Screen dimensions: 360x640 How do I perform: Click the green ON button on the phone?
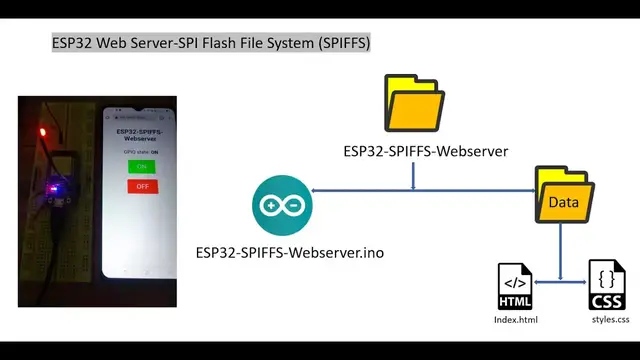141,166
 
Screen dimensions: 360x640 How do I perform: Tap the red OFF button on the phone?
141,186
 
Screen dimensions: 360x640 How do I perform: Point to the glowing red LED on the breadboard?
42,131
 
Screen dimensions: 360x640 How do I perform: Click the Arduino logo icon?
282,205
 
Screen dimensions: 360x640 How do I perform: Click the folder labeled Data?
564,196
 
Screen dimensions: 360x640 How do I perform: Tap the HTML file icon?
515,285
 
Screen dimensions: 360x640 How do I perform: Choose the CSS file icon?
607,285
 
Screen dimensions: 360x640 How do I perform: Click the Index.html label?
516,319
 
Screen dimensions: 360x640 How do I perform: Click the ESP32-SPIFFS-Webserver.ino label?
289,252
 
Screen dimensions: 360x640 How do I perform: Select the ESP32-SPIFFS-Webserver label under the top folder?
425,152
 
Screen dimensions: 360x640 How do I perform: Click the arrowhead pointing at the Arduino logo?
317,190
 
